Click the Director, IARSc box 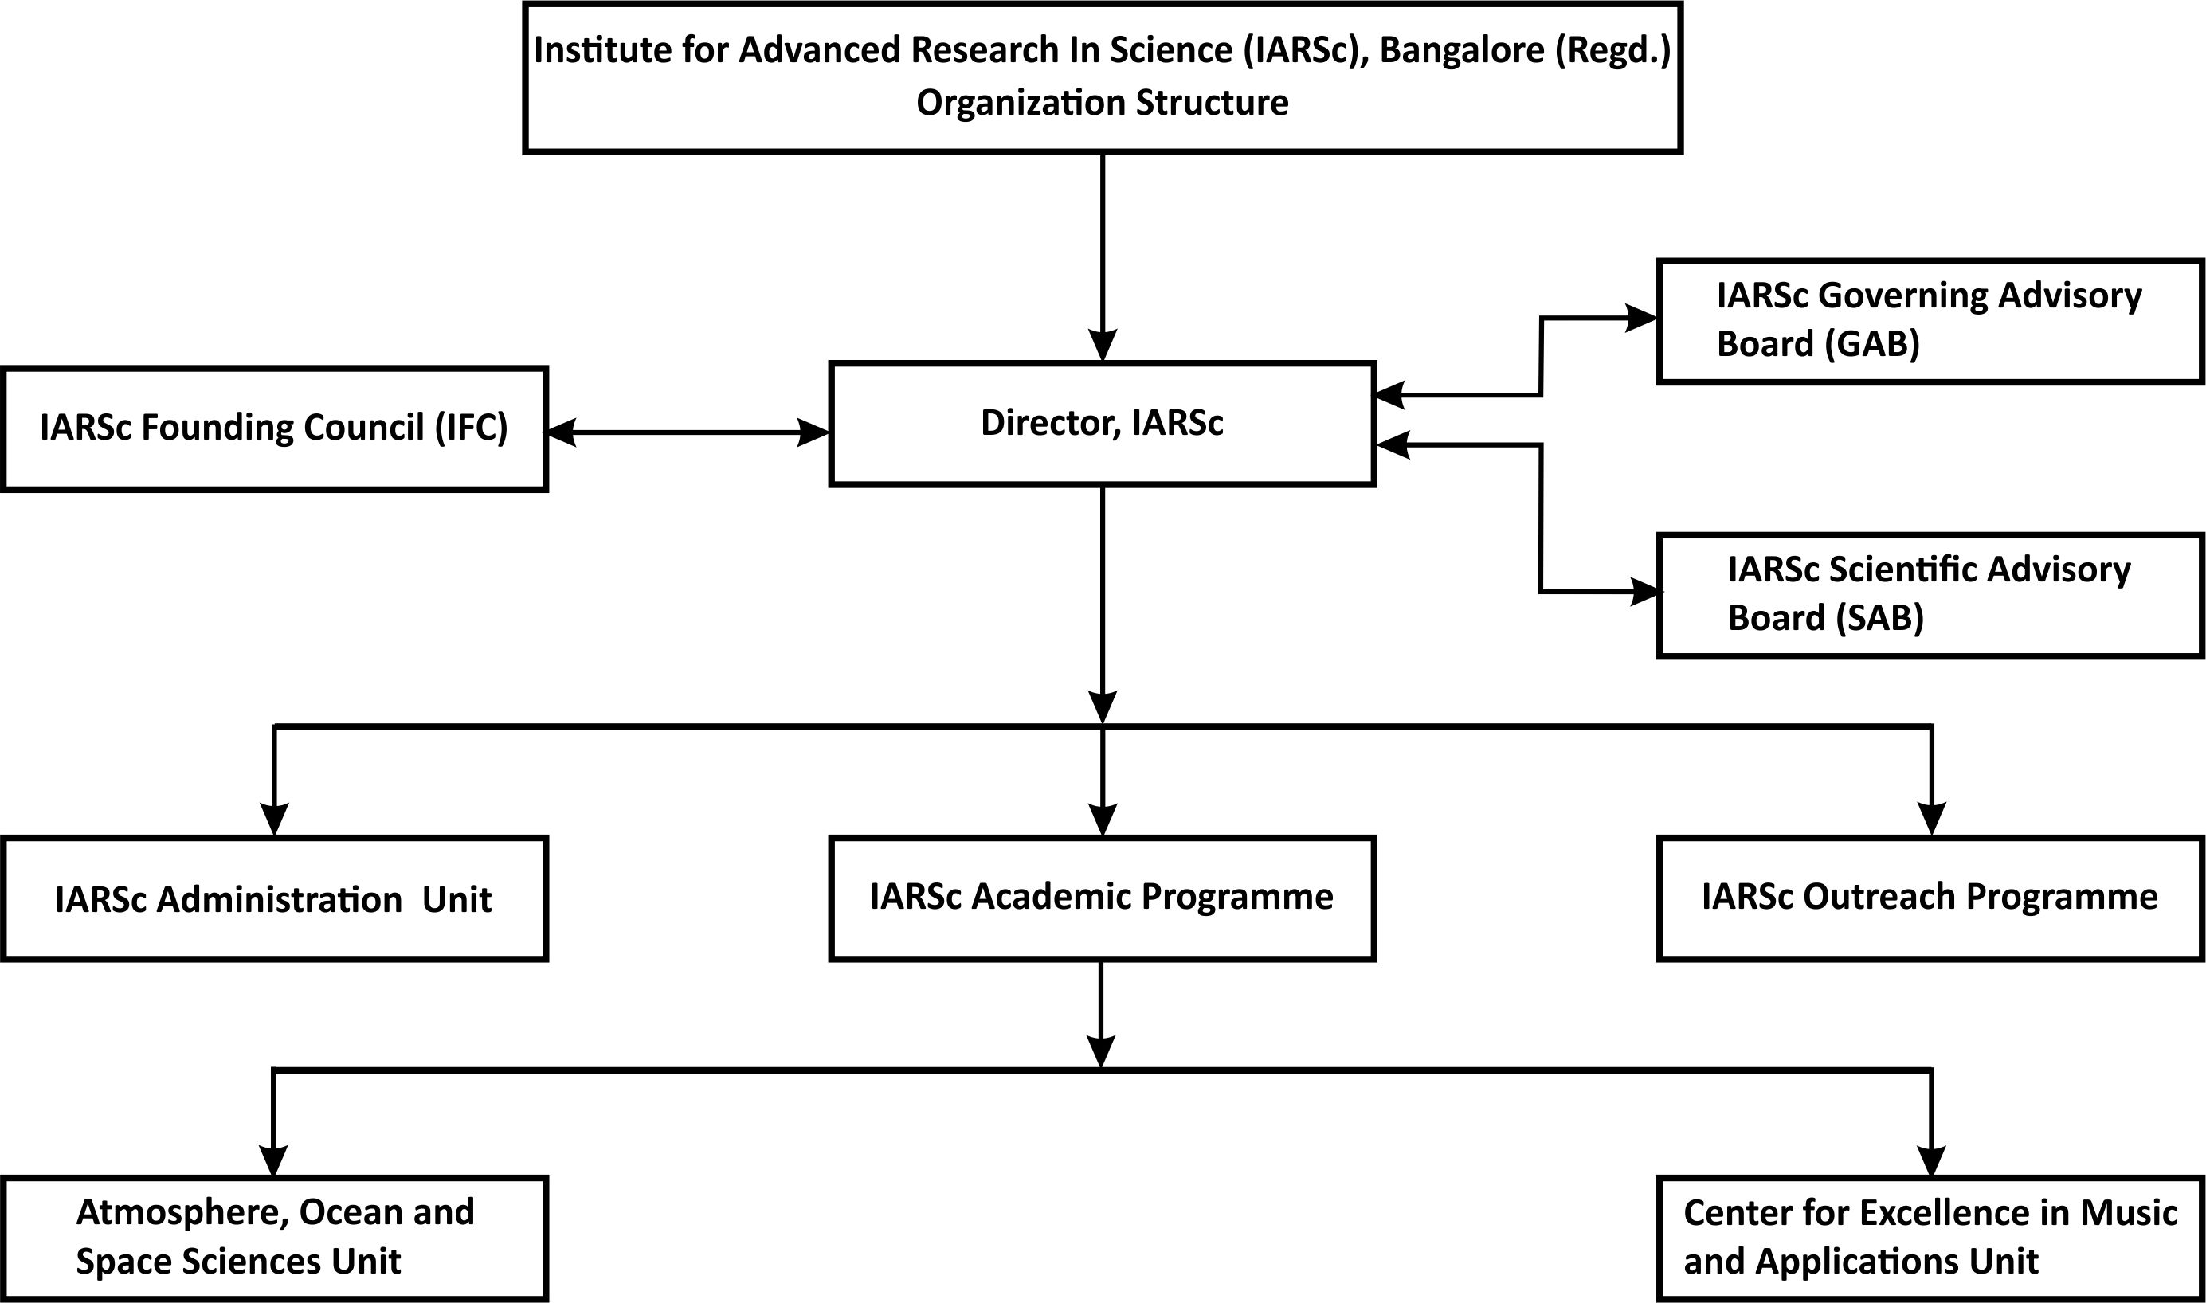pyautogui.click(x=1102, y=424)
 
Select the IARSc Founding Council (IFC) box pyautogui.click(x=275, y=428)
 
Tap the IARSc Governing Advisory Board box pyautogui.click(x=1931, y=321)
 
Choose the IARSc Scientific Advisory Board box pyautogui.click(x=1931, y=595)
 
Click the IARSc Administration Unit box pyautogui.click(x=275, y=898)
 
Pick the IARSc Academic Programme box pyautogui.click(x=1102, y=898)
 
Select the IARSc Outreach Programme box pyautogui.click(x=1931, y=898)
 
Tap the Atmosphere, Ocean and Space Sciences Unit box pyautogui.click(x=275, y=1239)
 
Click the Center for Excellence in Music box pyautogui.click(x=1931, y=1239)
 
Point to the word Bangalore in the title pyautogui.click(x=1462, y=51)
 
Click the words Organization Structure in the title pyautogui.click(x=1102, y=103)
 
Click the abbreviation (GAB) pyautogui.click(x=1871, y=343)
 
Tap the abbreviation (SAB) pyautogui.click(x=1879, y=617)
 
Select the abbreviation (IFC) pyautogui.click(x=472, y=428)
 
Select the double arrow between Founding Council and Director pyautogui.click(x=688, y=432)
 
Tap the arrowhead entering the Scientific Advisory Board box pyautogui.click(x=1647, y=592)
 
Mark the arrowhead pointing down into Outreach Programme pyautogui.click(x=1931, y=820)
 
